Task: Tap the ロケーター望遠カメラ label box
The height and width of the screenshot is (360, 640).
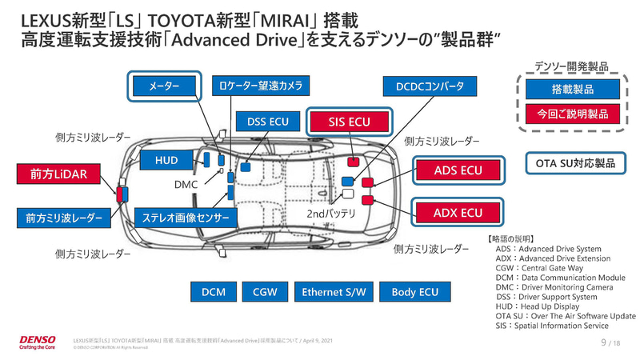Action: pos(261,86)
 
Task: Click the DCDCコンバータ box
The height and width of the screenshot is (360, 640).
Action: pos(430,86)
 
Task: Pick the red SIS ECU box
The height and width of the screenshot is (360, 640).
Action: pos(350,122)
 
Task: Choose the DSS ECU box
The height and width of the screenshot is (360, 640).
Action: pos(268,122)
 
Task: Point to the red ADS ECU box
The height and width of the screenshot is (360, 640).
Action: pos(458,170)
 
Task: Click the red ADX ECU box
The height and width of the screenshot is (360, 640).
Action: pos(458,212)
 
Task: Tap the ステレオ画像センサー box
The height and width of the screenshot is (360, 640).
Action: pos(186,217)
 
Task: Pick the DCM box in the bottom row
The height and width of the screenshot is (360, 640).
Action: pos(213,293)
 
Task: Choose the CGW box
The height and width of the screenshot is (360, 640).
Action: pos(265,293)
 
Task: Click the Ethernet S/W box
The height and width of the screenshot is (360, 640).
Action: pos(334,293)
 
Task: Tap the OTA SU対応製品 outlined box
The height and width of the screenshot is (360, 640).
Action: pos(575,164)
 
